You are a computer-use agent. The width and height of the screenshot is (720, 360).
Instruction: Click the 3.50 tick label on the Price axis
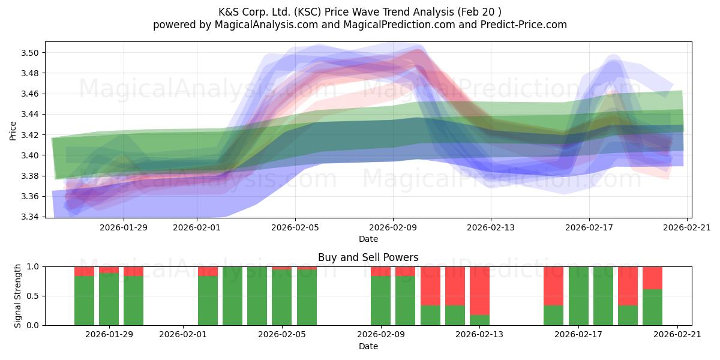tap(29, 53)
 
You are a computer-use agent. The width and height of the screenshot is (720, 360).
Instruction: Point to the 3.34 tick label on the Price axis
tap(29, 217)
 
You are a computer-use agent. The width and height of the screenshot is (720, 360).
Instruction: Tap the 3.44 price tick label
tap(29, 114)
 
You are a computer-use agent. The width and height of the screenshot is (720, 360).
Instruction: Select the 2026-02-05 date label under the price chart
tap(295, 227)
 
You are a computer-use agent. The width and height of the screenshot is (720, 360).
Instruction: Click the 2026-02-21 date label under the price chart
tap(687, 227)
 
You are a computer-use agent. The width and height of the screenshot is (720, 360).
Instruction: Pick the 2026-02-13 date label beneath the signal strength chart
tap(479, 334)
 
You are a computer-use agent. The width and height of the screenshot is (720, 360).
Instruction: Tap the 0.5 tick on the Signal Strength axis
tap(33, 296)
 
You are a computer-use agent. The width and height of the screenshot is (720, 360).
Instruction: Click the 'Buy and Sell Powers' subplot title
tap(368, 257)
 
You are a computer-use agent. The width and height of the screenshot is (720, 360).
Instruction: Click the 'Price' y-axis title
tap(13, 131)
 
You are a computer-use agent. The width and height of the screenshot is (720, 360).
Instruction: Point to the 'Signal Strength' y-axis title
tap(17, 296)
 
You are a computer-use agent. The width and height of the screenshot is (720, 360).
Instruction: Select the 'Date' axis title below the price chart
tap(368, 239)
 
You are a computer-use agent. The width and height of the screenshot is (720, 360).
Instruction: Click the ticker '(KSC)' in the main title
tap(308, 12)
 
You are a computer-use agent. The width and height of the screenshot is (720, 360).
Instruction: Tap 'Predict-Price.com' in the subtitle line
tap(524, 25)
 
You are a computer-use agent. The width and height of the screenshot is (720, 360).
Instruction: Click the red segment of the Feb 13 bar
tap(479, 291)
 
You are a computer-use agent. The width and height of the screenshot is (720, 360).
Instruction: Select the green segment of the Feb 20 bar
tap(653, 307)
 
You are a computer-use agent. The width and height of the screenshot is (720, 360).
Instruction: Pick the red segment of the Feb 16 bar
tap(553, 286)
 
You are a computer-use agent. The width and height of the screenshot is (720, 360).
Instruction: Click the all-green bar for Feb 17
tap(578, 296)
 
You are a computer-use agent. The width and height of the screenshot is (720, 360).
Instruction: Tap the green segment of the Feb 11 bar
tap(430, 316)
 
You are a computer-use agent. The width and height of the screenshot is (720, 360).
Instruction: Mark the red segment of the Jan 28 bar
tap(84, 271)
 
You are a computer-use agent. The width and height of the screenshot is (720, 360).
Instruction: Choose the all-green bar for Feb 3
tap(232, 296)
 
